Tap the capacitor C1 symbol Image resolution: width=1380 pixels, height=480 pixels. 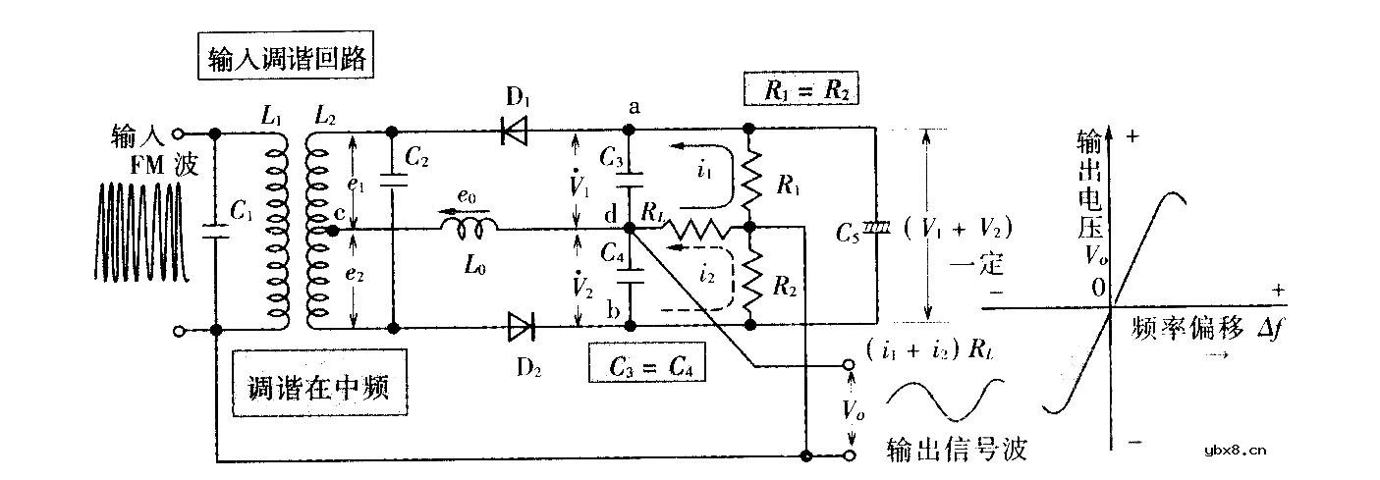[x=214, y=230]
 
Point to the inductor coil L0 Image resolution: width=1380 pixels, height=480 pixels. [x=468, y=229]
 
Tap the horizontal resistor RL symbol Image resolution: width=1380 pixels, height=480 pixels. [x=695, y=230]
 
